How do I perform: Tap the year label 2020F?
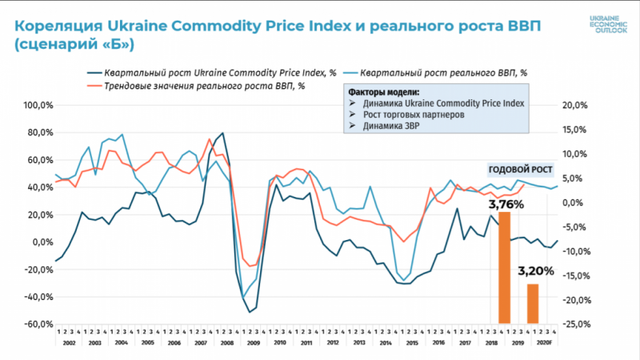[542, 342]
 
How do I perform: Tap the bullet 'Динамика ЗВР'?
[394, 126]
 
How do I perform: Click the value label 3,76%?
[502, 204]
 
